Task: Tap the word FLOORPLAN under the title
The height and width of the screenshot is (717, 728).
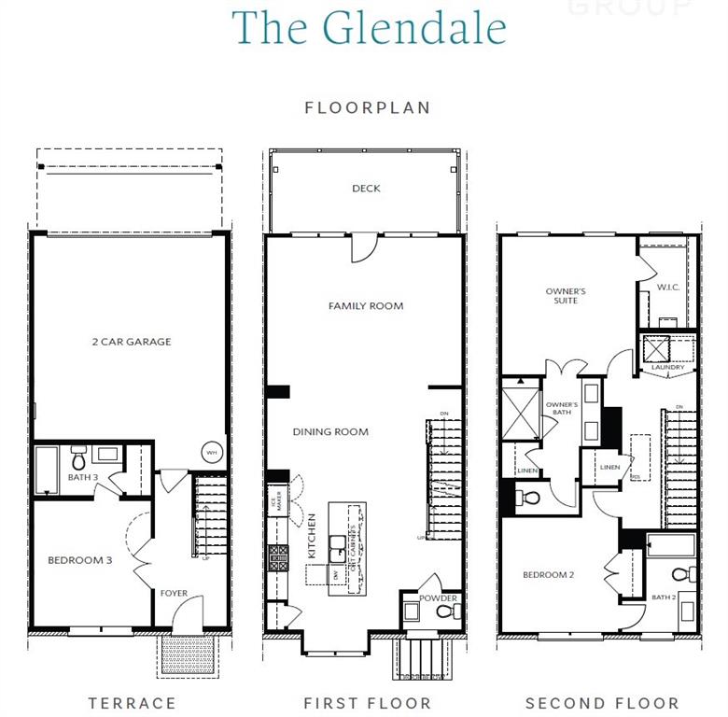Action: [x=368, y=107]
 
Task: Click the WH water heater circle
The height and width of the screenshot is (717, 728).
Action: [x=211, y=452]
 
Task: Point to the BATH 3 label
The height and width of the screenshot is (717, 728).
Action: [x=83, y=478]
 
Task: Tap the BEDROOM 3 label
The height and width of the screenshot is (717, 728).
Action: [x=80, y=560]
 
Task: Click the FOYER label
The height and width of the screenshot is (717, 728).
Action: [x=175, y=593]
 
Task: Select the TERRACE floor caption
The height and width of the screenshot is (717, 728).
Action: [x=132, y=703]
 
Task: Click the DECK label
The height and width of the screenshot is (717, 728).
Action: [x=366, y=189]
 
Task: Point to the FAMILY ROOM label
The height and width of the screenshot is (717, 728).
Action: [x=366, y=306]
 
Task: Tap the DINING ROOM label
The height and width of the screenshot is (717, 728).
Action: [x=330, y=432]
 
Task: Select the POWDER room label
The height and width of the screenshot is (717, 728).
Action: [x=438, y=598]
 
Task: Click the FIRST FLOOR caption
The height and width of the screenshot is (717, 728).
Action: [x=368, y=703]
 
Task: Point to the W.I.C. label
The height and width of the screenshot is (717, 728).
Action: [x=668, y=287]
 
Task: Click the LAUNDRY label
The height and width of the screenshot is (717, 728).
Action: [x=668, y=368]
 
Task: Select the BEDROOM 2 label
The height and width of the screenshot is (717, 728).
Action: [x=548, y=575]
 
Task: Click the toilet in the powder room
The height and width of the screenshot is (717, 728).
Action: [x=444, y=612]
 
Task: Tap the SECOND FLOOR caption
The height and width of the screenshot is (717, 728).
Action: [x=602, y=703]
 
